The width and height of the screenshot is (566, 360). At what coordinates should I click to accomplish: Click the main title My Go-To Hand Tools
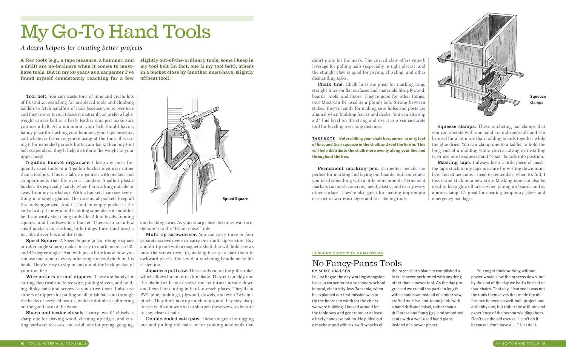tap(115, 32)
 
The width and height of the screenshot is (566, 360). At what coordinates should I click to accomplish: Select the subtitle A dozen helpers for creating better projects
tap(82, 48)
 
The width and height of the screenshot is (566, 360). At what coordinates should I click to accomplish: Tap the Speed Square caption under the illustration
tap(235, 198)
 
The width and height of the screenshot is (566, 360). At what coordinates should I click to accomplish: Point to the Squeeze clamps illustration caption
tap(538, 99)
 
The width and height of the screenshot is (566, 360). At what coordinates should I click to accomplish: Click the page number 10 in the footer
tap(23, 343)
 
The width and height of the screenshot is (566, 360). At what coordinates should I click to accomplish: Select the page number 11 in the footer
tap(544, 343)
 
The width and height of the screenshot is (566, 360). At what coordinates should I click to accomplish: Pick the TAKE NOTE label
tap(323, 139)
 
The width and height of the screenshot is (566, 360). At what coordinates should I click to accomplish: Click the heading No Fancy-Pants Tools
tap(357, 263)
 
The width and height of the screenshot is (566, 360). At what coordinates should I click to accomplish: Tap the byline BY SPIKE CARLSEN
tap(331, 271)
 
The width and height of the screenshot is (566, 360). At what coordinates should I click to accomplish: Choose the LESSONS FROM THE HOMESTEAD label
tap(348, 253)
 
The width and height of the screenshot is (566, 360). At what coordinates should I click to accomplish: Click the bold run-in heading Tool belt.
tap(37, 96)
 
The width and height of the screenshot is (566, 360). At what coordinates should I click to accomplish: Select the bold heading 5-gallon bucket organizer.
tap(52, 163)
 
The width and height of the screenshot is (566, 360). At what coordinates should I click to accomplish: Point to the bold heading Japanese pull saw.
tap(166, 271)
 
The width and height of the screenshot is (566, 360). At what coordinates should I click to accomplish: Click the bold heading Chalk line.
tap(330, 84)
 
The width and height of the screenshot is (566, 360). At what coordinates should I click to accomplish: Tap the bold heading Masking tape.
tap(454, 163)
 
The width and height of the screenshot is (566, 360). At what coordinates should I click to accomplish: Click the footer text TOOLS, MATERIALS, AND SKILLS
tap(57, 343)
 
